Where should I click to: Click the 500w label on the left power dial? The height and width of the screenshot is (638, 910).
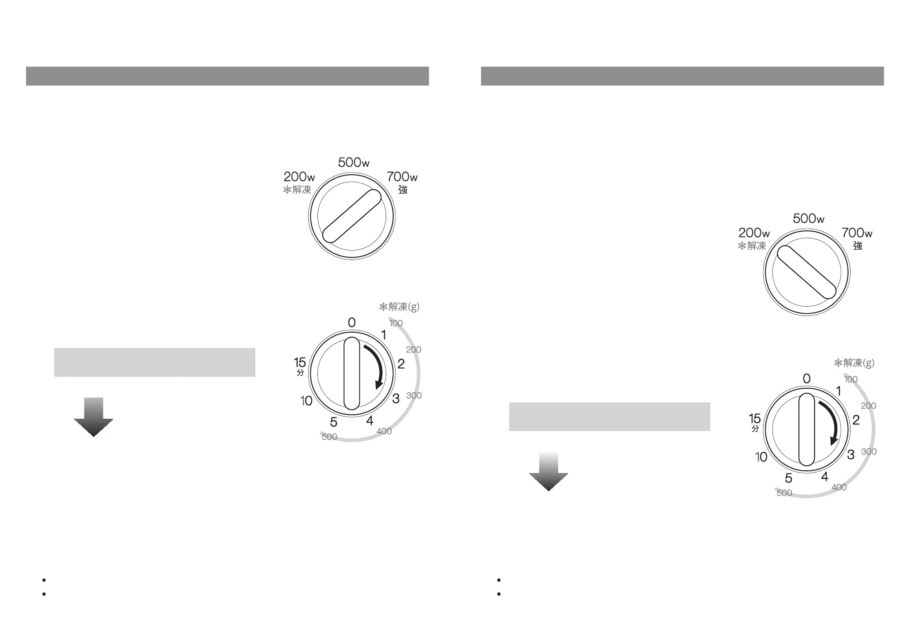pos(354,163)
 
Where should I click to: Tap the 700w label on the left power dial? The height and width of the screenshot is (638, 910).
pos(402,177)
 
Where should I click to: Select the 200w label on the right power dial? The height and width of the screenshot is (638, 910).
pos(754,233)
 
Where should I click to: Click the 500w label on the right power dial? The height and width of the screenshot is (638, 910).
pos(809,218)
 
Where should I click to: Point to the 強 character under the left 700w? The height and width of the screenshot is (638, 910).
pos(403,190)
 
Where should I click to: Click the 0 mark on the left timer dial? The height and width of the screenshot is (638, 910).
pos(351,323)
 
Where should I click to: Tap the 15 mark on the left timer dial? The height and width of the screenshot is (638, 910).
pos(300,363)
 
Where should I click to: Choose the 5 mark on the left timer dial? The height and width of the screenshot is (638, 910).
pos(334,423)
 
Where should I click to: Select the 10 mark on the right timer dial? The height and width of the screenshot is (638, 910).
pos(761,457)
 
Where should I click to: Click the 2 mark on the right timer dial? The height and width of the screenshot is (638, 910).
pos(856,420)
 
